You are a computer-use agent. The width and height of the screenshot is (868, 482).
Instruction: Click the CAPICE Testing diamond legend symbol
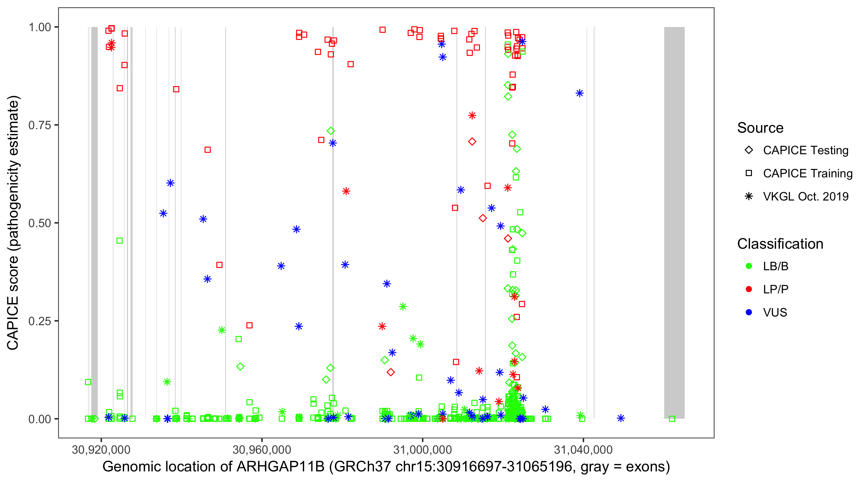(749, 150)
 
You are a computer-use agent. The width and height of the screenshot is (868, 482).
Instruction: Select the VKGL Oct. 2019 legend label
(805, 196)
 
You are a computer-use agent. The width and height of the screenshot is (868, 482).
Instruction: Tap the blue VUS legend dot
(749, 312)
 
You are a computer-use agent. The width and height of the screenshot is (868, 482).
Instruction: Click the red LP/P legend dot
(749, 289)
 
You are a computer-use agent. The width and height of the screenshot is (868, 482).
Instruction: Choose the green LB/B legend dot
(749, 266)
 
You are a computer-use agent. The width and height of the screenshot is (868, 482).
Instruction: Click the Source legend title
(760, 128)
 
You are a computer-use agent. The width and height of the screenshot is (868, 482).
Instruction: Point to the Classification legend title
(780, 244)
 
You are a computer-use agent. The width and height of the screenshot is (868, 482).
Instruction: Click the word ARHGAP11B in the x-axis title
(280, 467)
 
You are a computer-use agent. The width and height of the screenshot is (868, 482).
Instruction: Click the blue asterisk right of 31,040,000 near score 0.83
(579, 93)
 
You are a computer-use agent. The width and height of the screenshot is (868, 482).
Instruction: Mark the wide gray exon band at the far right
(674, 222)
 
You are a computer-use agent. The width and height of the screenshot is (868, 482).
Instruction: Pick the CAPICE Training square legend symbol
(749, 173)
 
